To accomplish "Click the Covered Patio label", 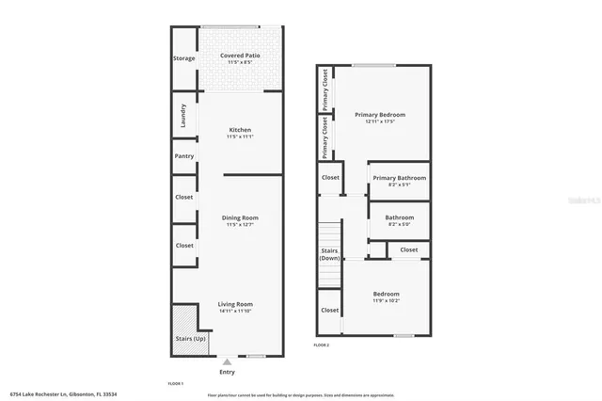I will tap(240, 56).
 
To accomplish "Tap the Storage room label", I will tap(184, 58).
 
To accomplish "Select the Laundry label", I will tap(183, 117).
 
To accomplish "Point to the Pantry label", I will tap(183, 155).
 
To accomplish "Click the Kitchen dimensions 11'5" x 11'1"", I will tap(239, 137).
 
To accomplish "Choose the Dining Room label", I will tap(240, 218).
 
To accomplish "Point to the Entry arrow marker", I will tap(227, 361).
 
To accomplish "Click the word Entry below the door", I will tap(227, 372).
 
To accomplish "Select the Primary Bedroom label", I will tap(373, 115).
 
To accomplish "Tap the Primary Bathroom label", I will tap(399, 178).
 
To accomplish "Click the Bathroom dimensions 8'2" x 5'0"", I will tap(400, 224).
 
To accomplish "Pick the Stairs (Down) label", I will tap(330, 254).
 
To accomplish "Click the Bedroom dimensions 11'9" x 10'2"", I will tap(386, 301).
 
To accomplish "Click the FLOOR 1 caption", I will tap(176, 384).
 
